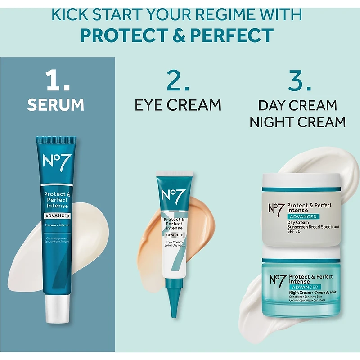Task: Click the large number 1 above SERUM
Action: click(58, 80)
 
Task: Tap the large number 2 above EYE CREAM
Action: click(178, 80)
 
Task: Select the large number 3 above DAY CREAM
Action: click(300, 80)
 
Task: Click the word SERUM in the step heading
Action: click(55, 105)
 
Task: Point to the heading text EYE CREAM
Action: click(178, 105)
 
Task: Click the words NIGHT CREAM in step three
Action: click(297, 122)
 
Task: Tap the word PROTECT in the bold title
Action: click(125, 36)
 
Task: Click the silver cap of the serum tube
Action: click(58, 309)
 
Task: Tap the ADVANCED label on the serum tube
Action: click(58, 216)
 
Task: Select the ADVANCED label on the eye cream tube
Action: click(175, 235)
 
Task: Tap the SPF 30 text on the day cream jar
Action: click(294, 231)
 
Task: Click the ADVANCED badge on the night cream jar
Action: click(305, 287)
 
